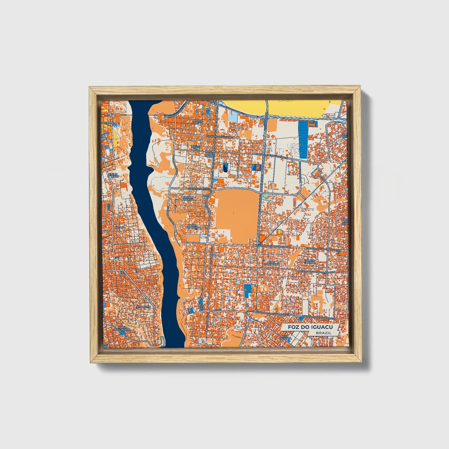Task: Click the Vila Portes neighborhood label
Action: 198,121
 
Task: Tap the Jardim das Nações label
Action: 210,153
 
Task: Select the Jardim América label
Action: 188,198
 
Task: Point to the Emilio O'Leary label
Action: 113,176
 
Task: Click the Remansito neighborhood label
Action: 143,307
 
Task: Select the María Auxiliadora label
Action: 122,328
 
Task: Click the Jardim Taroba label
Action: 309,261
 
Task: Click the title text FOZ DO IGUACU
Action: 310,327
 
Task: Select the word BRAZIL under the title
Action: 323,333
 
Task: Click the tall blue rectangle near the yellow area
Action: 303,140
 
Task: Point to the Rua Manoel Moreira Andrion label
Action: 317,272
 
